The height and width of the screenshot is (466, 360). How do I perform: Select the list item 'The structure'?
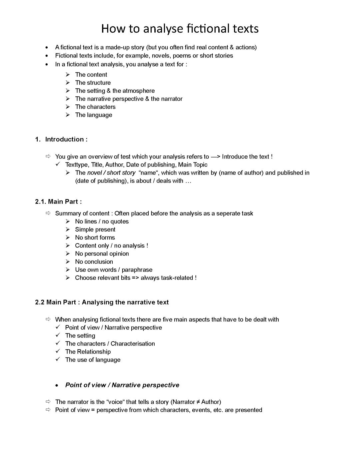tap(93, 83)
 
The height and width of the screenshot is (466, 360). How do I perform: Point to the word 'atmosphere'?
tap(138, 91)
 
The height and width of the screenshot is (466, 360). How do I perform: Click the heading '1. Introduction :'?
tap(61, 139)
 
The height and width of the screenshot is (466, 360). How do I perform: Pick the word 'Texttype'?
tap(77, 165)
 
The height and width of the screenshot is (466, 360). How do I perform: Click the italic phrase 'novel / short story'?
tap(111, 173)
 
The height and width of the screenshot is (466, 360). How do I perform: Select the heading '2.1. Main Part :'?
tap(58, 201)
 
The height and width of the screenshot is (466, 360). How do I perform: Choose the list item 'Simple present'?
tap(95, 229)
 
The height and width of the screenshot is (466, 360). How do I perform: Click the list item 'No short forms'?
tap(95, 238)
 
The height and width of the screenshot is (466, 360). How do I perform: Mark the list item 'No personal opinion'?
tap(102, 254)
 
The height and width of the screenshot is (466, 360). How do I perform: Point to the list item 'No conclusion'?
tap(94, 262)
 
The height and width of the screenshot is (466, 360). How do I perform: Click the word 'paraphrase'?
tap(137, 270)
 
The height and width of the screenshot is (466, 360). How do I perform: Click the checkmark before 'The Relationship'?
tap(58, 351)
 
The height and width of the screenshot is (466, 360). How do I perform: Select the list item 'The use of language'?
tap(93, 360)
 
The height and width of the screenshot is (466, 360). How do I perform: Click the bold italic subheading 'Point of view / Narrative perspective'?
tap(122, 385)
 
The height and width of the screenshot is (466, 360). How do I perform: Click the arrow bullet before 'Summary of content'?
tap(48, 213)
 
